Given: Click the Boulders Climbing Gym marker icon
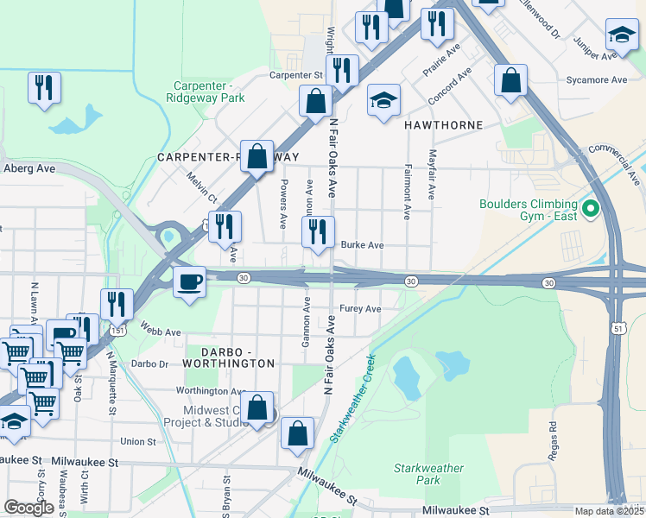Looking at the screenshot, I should (x=591, y=209).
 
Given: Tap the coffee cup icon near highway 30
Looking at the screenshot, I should (x=189, y=281).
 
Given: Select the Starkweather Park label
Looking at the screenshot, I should (x=417, y=474).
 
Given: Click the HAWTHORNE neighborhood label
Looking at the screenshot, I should (x=443, y=125).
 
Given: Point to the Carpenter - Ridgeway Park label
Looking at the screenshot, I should (x=208, y=92).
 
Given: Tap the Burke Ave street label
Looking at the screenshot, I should (x=362, y=245).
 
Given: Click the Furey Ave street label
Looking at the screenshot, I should (x=360, y=308).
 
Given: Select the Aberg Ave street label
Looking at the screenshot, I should (x=29, y=168).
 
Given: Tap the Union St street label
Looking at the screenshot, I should (x=138, y=442).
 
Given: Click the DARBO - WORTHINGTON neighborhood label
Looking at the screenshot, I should (x=225, y=364).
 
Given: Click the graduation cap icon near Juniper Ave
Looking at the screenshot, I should (x=621, y=35).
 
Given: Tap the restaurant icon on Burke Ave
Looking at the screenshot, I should (x=317, y=231).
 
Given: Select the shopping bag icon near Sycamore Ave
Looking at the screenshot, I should (x=510, y=80).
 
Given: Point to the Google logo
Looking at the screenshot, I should (x=28, y=508).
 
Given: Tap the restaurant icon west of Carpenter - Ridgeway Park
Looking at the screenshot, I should (x=43, y=87).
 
